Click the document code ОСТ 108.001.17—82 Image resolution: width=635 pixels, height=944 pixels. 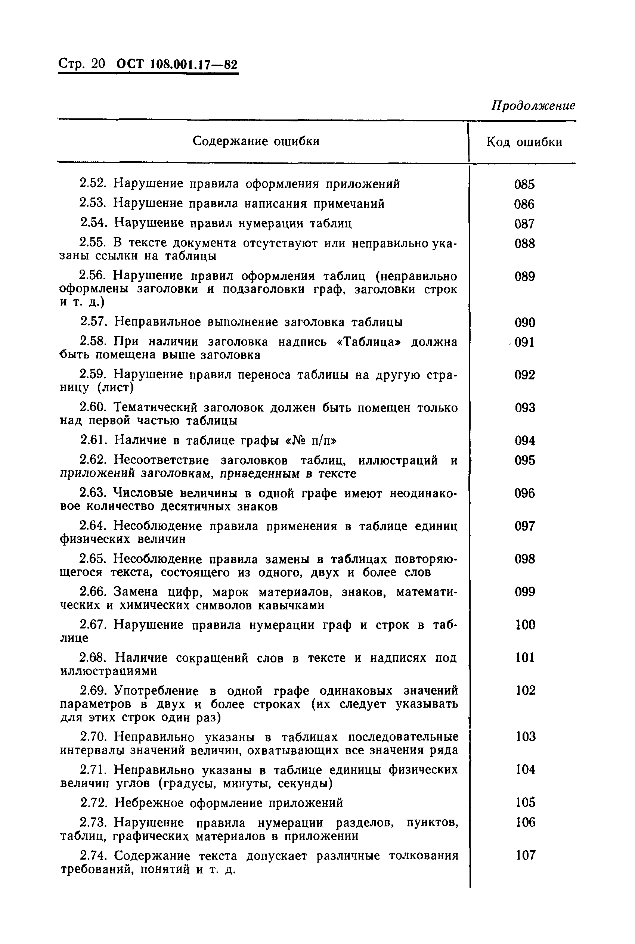pyautogui.click(x=177, y=64)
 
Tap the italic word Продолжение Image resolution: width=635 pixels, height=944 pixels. pyautogui.click(x=533, y=106)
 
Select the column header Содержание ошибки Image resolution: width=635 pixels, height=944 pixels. pyautogui.click(x=256, y=141)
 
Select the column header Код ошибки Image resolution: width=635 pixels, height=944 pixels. pyautogui.click(x=524, y=142)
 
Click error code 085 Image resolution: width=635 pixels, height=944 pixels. pyautogui.click(x=524, y=184)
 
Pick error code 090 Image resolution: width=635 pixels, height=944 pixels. pyautogui.click(x=525, y=323)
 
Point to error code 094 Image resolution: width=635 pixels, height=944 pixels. pyautogui.click(x=525, y=440)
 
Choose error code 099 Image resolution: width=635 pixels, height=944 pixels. pyautogui.click(x=525, y=592)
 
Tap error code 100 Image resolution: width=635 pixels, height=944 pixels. pyautogui.click(x=525, y=625)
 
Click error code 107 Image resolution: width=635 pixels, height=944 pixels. pyautogui.click(x=526, y=855)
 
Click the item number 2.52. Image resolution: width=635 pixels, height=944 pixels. pyautogui.click(x=93, y=184)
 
